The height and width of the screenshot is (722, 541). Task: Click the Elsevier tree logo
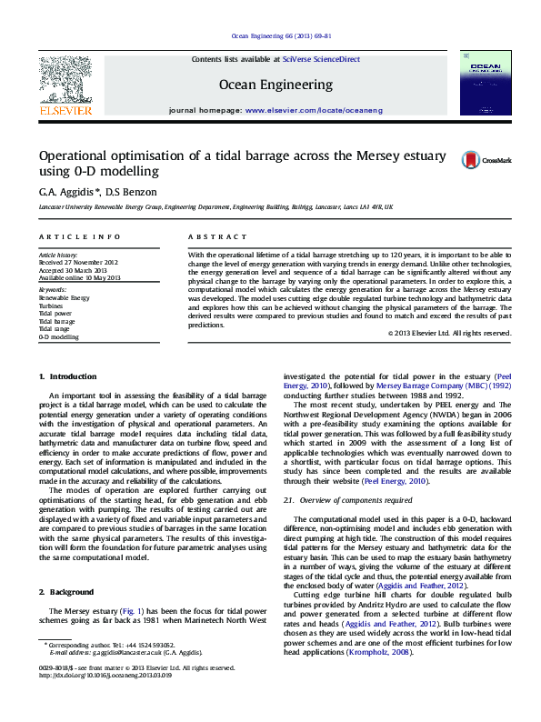click(x=65, y=81)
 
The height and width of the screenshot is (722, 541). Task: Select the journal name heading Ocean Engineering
click(x=276, y=85)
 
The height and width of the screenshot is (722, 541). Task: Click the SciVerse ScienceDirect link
click(x=321, y=59)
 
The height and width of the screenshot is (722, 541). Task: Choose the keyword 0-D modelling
click(x=59, y=336)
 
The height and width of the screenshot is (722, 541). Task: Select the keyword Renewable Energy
click(x=64, y=298)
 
